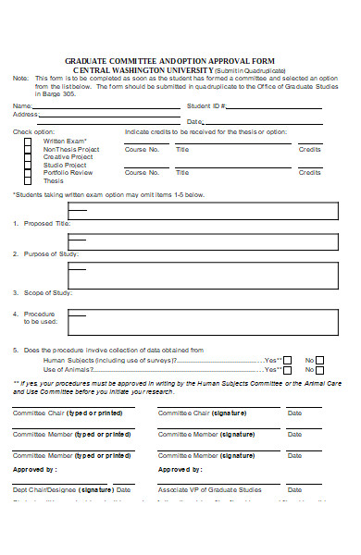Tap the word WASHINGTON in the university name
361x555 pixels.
[x=147, y=69]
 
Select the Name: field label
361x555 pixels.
[x=23, y=107]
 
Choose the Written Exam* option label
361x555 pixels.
[x=64, y=141]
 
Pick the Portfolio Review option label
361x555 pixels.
[x=68, y=172]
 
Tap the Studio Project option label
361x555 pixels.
[x=65, y=165]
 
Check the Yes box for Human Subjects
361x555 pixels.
[x=287, y=360]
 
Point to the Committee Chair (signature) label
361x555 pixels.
[x=201, y=412]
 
